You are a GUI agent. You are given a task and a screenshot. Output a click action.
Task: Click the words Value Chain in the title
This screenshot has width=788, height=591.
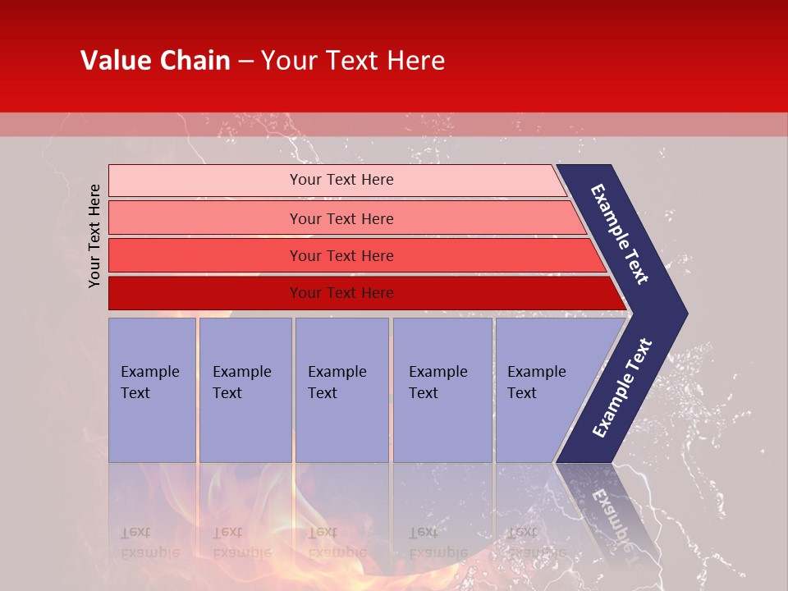(x=155, y=61)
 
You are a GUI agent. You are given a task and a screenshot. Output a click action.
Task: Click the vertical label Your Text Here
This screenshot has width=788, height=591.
(x=95, y=236)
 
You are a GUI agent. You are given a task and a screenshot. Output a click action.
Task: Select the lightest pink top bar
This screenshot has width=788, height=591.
(x=205, y=181)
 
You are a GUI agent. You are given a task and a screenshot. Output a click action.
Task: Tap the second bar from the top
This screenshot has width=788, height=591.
(x=205, y=218)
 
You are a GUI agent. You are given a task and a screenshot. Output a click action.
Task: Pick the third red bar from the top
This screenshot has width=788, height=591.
(x=205, y=255)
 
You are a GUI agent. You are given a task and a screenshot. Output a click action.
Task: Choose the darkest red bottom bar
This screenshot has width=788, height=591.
(x=205, y=293)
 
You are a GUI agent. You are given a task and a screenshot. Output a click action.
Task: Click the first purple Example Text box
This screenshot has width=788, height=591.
(x=152, y=410)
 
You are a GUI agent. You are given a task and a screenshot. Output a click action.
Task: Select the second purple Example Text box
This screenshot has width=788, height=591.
(x=245, y=410)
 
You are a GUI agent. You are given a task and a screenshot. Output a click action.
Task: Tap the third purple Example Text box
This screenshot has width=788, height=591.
(x=341, y=410)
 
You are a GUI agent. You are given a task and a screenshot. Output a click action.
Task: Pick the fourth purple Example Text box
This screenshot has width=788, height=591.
(x=442, y=410)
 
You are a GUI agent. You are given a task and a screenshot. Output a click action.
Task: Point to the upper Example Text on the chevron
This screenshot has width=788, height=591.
(x=620, y=234)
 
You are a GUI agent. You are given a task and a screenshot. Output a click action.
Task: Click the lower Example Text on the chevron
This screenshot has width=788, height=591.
(x=622, y=387)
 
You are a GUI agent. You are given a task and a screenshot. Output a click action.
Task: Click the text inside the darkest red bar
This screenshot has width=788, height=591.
(x=341, y=293)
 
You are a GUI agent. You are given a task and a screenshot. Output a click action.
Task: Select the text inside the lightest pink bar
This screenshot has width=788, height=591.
(x=341, y=180)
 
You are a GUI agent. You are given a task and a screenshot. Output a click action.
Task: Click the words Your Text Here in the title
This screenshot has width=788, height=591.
(x=353, y=61)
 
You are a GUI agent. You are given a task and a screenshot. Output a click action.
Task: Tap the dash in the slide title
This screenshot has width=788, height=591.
(x=245, y=62)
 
